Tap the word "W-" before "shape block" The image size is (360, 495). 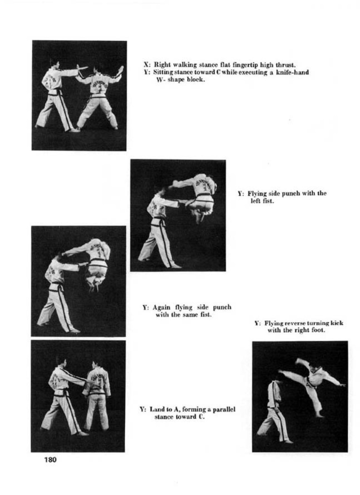[x=161, y=80]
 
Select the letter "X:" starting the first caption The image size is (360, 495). [x=146, y=65]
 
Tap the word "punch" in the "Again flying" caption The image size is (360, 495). [x=222, y=307]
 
